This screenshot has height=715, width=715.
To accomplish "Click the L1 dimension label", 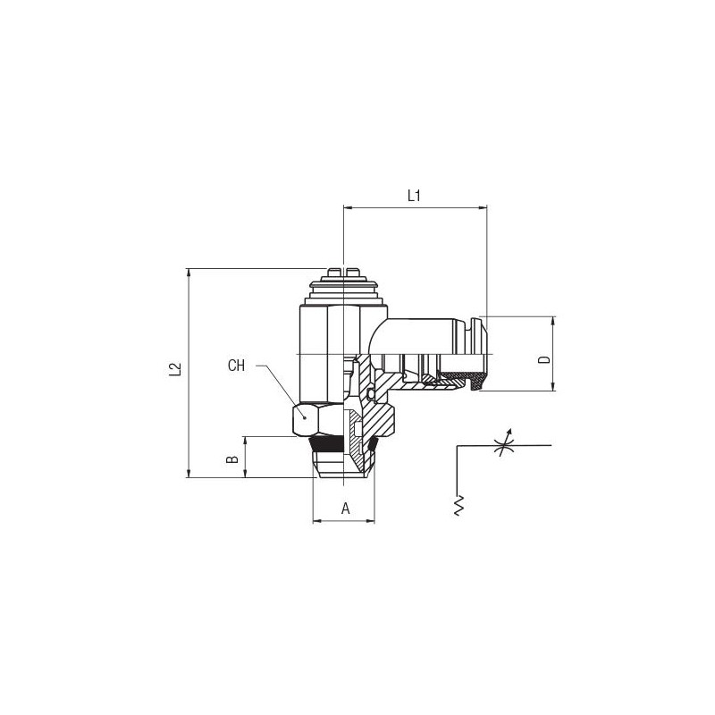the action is click(414, 196).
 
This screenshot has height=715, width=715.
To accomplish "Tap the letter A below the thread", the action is click(346, 508).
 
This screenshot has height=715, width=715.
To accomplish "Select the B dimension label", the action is click(233, 458).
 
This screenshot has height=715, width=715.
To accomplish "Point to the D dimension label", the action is click(544, 360).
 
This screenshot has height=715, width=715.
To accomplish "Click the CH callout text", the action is click(236, 366).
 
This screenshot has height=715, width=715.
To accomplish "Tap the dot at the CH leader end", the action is click(305, 416).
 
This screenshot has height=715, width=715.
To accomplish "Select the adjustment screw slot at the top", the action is click(342, 272).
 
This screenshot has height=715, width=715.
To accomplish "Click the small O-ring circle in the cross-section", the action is click(370, 393).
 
